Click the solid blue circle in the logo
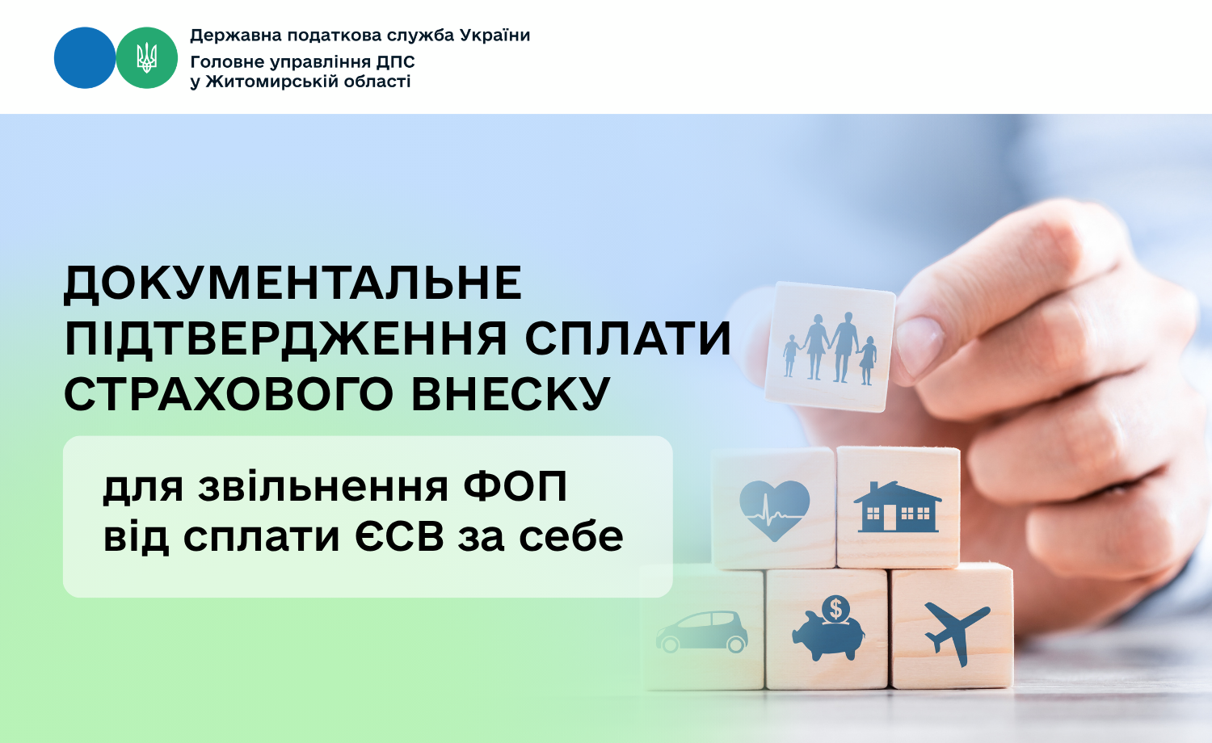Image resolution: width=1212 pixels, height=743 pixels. (85, 58)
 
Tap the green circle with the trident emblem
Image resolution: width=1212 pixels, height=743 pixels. (146, 58)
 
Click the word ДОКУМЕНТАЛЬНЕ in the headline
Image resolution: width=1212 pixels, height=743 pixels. (293, 283)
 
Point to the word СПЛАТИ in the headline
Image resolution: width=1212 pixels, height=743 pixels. (628, 339)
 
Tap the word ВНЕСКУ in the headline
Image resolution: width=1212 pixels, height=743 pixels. (511, 394)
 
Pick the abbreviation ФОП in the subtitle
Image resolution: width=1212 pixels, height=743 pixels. (516, 486)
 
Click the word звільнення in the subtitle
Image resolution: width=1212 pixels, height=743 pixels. (323, 486)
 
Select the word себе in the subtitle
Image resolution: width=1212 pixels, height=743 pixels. (570, 536)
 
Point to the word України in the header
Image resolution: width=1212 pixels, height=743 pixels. (495, 36)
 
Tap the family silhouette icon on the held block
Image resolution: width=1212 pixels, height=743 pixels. (830, 348)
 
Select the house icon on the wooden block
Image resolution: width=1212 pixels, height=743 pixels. (898, 506)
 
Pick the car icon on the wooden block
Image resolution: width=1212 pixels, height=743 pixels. (702, 632)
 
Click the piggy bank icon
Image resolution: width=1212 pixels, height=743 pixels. (829, 628)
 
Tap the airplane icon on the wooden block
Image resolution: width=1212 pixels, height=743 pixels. (957, 632)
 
